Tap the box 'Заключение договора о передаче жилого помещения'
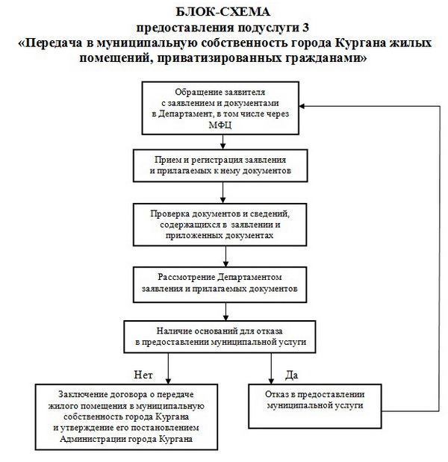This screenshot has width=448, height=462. (x=124, y=416)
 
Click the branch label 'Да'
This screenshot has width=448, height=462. (x=291, y=374)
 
